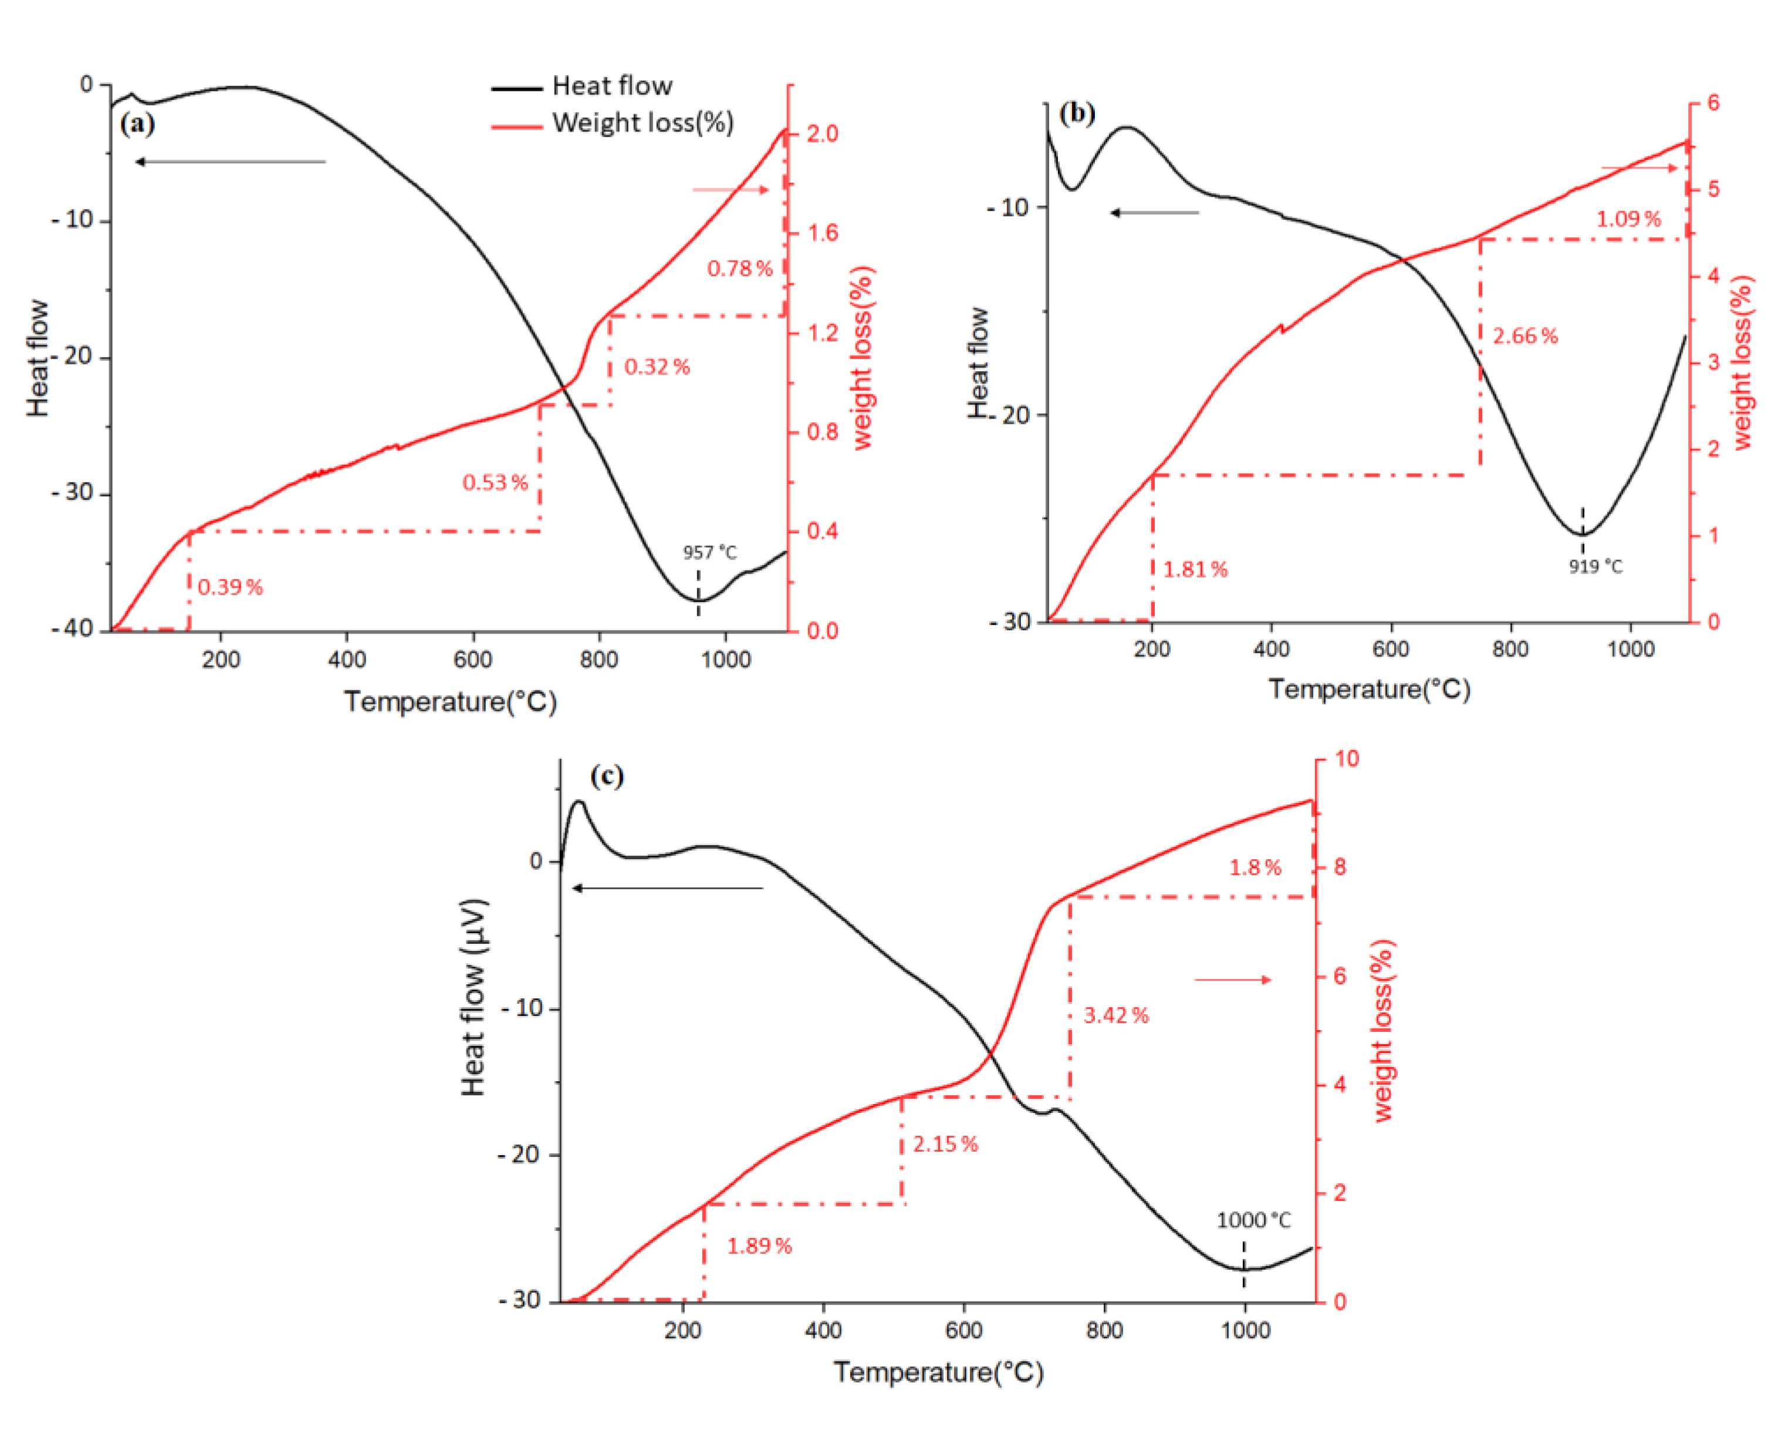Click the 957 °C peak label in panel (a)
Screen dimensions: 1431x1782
709,552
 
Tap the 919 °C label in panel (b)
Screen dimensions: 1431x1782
1595,566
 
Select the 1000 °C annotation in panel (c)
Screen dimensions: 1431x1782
1253,1220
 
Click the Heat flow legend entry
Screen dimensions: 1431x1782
611,86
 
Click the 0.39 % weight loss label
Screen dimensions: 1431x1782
230,587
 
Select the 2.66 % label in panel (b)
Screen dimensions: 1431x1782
1525,336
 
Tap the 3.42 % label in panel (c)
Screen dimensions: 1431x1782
1116,1015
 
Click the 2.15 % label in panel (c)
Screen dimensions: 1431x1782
945,1144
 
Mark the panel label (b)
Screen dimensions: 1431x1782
1077,113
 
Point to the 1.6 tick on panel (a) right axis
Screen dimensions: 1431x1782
823,233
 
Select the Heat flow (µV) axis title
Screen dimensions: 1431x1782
474,997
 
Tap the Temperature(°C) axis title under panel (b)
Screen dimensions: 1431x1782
1370,690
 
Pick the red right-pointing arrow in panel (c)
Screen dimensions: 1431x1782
1232,980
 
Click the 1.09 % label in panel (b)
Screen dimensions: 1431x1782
1628,219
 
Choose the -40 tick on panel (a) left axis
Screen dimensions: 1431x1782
72,629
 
